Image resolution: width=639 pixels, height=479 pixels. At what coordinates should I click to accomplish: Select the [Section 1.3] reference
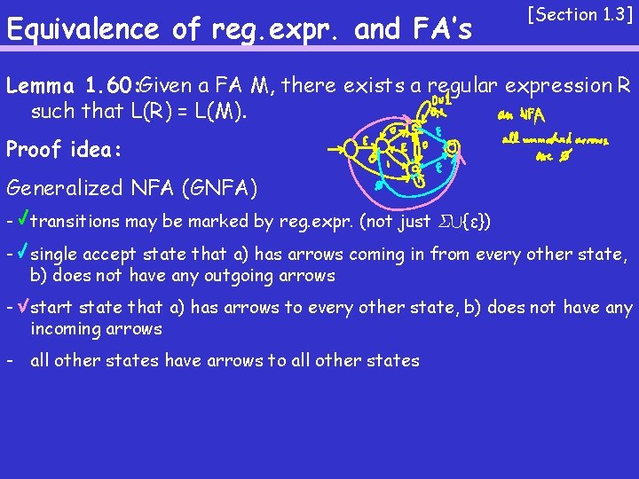click(x=580, y=15)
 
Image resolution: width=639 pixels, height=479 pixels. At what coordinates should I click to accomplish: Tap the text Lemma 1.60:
click(x=71, y=86)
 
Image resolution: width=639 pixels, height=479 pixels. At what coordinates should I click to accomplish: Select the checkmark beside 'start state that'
click(x=23, y=308)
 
